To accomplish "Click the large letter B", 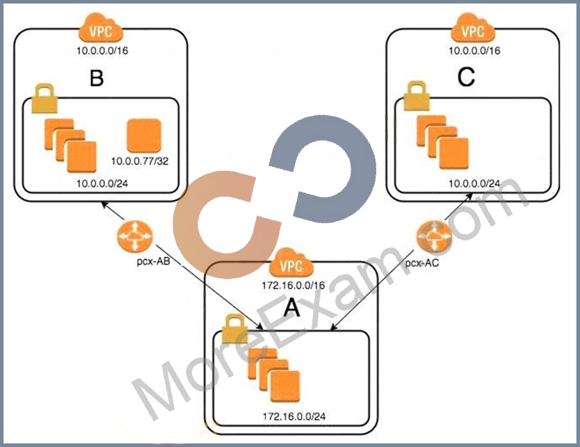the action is click(x=97, y=78).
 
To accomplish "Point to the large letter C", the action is click(x=466, y=77).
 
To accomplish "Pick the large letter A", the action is click(x=292, y=308).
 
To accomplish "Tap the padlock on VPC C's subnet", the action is click(x=417, y=97).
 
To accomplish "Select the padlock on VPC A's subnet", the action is click(x=234, y=329).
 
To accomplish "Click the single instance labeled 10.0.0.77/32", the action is click(x=144, y=136).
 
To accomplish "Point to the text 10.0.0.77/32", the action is click(x=140, y=161).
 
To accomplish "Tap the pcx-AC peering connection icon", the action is click(x=434, y=236).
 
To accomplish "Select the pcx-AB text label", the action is click(x=154, y=261).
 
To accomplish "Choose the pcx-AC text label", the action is click(x=422, y=263).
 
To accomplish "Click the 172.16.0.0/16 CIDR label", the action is click(x=293, y=285).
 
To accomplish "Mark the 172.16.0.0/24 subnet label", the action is click(x=294, y=416).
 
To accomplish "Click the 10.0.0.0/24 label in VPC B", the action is click(x=102, y=184).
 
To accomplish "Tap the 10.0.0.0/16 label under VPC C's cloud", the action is click(x=474, y=51).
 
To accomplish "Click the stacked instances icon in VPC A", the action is click(x=274, y=375).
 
